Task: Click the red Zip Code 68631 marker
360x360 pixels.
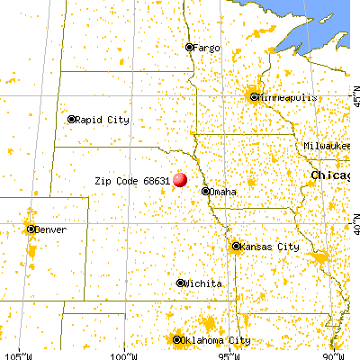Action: point(180,179)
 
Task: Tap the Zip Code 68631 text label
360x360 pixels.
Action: point(132,180)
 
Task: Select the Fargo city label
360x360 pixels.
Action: point(204,47)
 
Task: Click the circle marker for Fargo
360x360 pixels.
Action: point(189,47)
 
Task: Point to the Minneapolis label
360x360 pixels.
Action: point(285,96)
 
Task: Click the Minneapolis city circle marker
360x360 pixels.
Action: point(255,96)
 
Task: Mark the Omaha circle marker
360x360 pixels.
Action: point(205,191)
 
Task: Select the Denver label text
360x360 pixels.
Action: point(51,229)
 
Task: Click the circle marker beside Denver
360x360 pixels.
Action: point(31,229)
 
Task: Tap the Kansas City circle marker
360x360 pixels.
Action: point(237,246)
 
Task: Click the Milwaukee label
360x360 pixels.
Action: point(328,145)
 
